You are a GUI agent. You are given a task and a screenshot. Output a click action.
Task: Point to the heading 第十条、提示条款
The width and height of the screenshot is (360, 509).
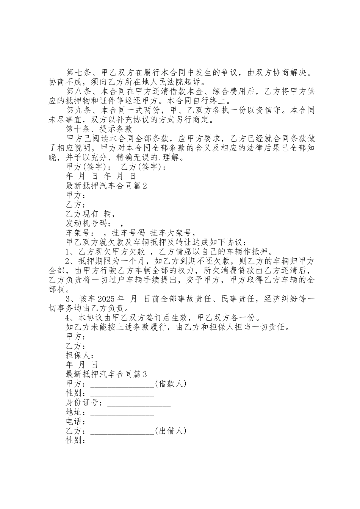pyautogui.click(x=99, y=129)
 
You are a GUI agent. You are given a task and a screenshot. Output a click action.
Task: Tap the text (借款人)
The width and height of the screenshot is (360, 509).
pyautogui.click(x=171, y=384)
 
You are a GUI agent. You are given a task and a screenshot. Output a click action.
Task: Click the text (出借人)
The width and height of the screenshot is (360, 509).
pyautogui.click(x=171, y=431)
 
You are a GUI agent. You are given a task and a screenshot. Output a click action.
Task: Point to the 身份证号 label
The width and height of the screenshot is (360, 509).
pyautogui.click(x=84, y=403)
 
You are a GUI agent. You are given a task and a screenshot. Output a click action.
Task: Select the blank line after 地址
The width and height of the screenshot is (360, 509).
pyautogui.click(x=122, y=414)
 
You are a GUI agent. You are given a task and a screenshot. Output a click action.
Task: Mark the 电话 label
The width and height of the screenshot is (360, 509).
pyautogui.click(x=75, y=422)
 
